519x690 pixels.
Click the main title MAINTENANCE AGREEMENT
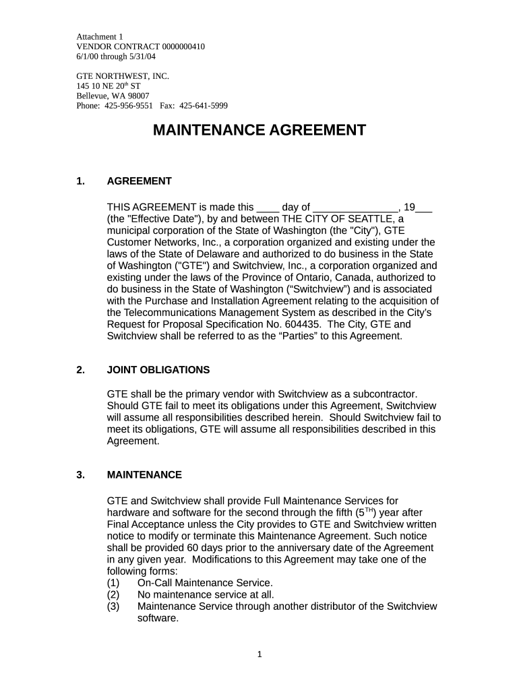(x=259, y=130)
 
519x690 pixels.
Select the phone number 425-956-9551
(x=129, y=106)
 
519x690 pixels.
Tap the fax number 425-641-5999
(x=204, y=106)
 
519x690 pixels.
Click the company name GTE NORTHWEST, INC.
(x=123, y=76)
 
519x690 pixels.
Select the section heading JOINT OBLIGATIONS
(x=158, y=370)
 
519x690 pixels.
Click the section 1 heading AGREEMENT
(x=140, y=181)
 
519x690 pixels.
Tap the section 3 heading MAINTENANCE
(x=144, y=475)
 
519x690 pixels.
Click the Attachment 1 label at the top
(x=100, y=36)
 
